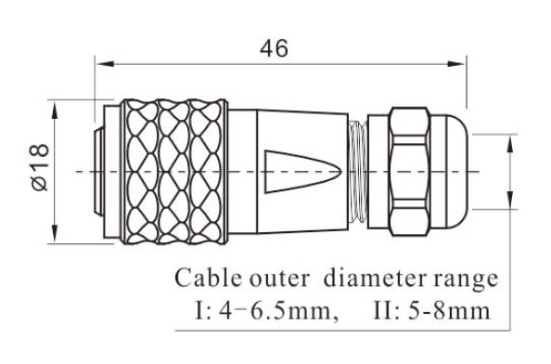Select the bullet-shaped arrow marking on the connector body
[296, 170]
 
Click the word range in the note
[468, 278]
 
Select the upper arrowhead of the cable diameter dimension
[511, 141]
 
